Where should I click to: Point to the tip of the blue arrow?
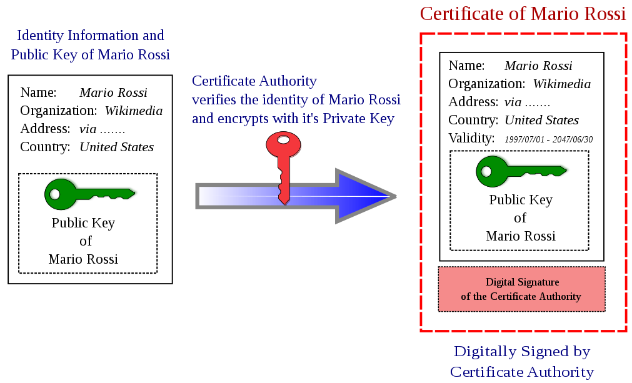coord(394,196)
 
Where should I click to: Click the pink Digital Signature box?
coord(521,289)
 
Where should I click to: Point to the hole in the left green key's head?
coord(55,194)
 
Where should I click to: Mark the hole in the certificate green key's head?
coord(486,171)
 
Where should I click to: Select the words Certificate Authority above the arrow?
coord(254,81)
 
